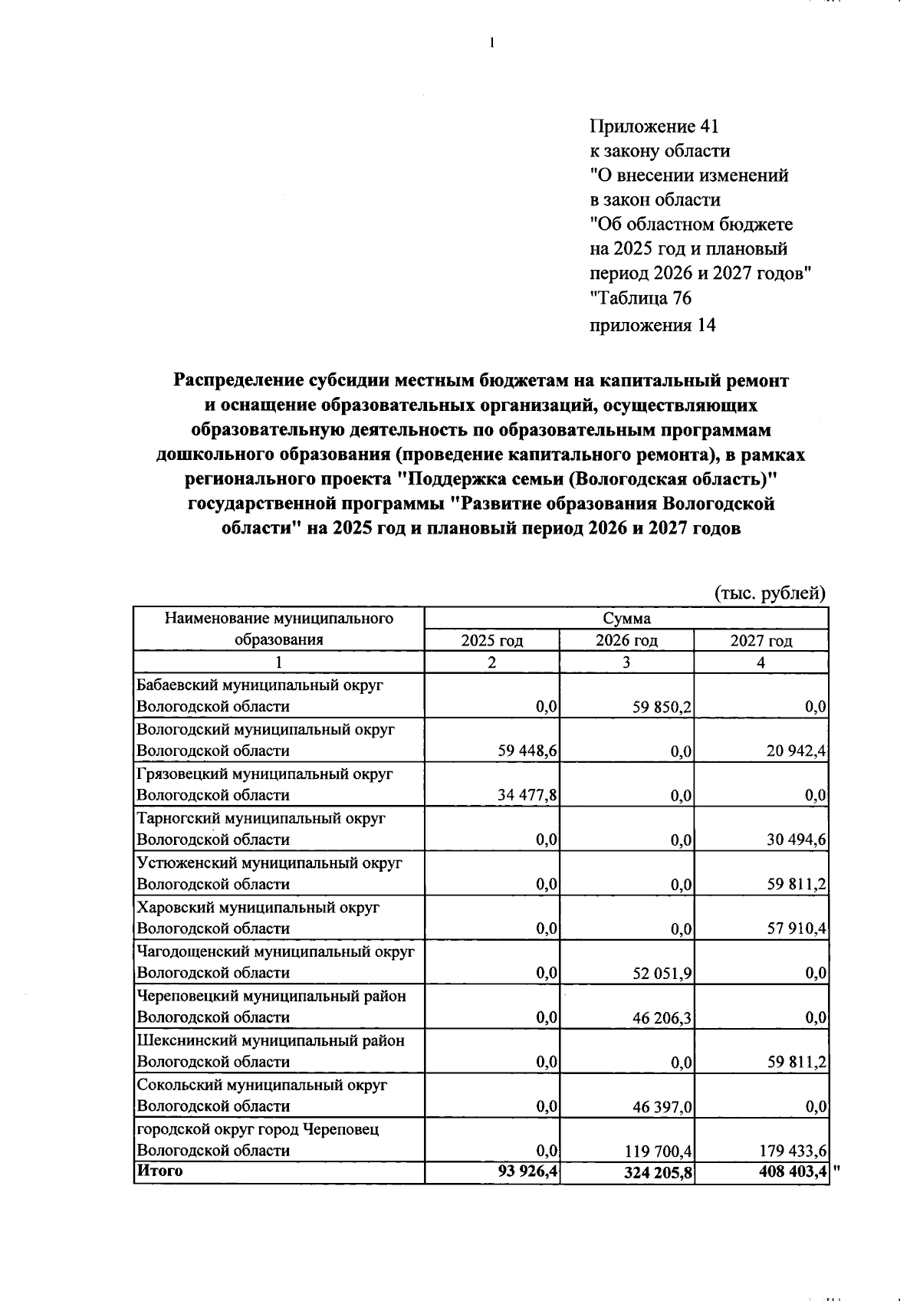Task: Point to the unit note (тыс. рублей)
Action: [770, 593]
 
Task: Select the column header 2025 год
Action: [491, 641]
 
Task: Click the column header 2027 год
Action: [761, 641]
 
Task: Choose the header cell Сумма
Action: [626, 619]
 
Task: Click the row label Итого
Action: [159, 1171]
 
